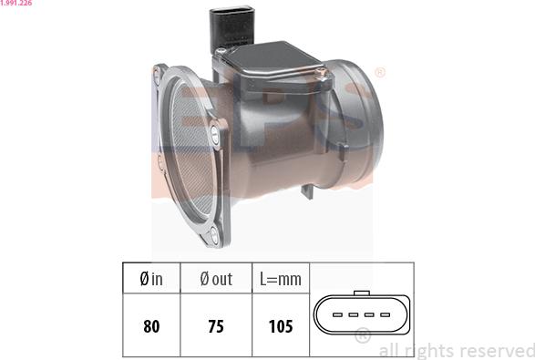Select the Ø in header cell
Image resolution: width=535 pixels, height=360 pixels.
tap(150, 280)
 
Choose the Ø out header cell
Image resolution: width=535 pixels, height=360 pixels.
tap(216, 280)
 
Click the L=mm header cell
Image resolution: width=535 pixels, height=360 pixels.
tap(281, 280)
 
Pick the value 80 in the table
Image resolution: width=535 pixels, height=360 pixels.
tap(150, 325)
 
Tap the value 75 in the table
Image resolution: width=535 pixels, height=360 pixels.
tap(216, 325)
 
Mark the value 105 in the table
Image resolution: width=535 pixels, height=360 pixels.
tap(281, 325)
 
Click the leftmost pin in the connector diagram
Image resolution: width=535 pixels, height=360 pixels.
tap(336, 315)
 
